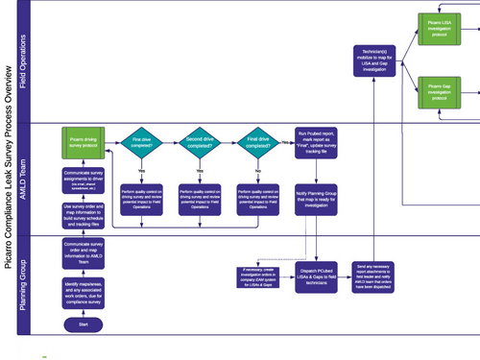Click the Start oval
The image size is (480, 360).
84,324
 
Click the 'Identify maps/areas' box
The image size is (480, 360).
84,289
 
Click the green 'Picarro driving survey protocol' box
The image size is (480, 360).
84,143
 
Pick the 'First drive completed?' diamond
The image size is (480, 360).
143,144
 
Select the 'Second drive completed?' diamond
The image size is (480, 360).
198,144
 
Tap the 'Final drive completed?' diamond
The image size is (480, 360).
254,144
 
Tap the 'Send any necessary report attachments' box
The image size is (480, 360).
371,275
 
